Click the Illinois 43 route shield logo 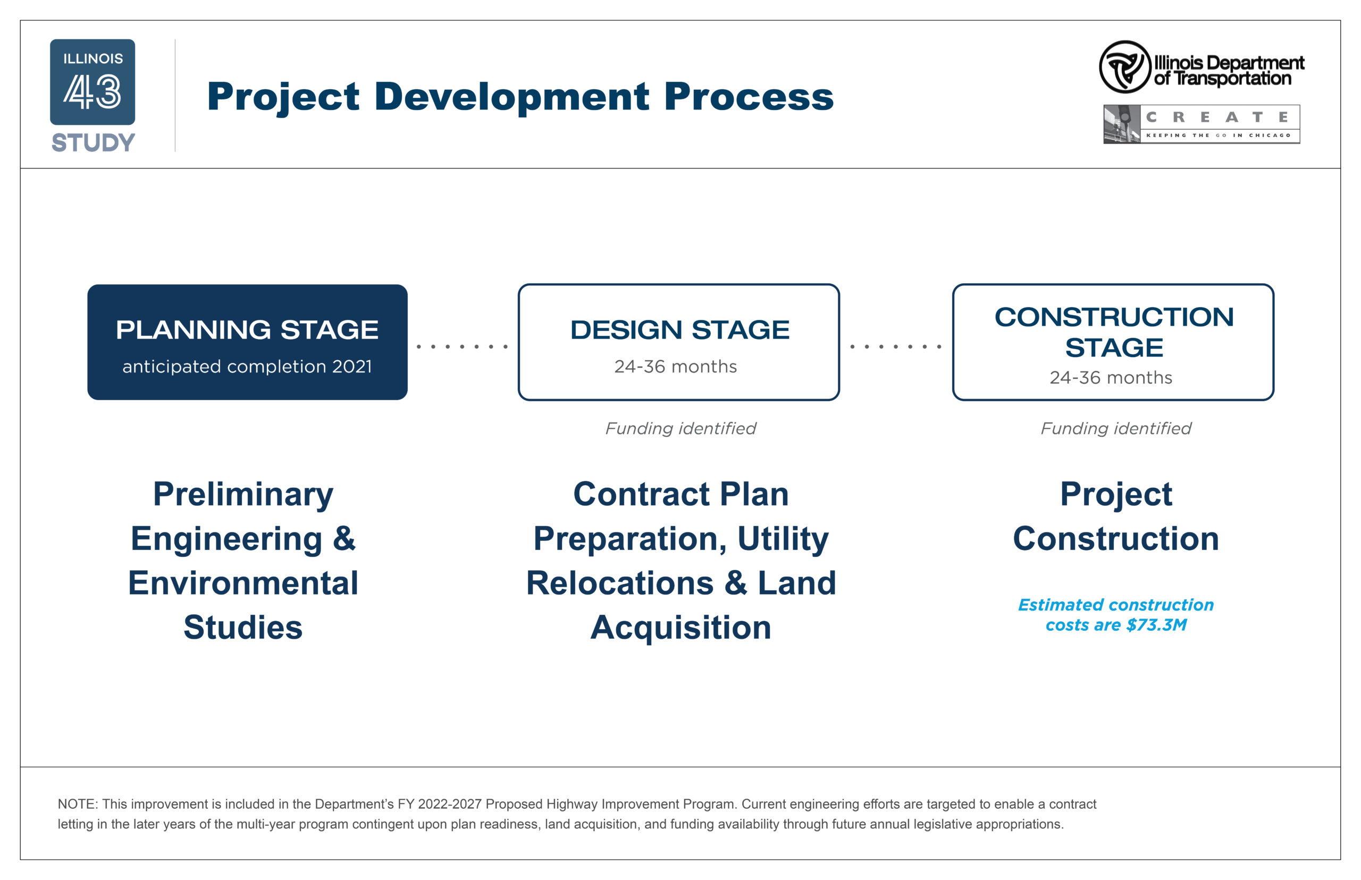click(x=93, y=82)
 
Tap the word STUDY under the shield click(x=93, y=142)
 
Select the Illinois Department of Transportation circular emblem click(x=1124, y=67)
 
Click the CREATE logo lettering click(x=1217, y=117)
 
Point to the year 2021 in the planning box click(x=352, y=366)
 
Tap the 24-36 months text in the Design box click(x=676, y=366)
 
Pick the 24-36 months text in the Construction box click(x=1111, y=377)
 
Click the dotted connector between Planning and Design click(x=463, y=346)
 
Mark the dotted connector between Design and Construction click(x=896, y=346)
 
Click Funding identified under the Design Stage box click(x=680, y=428)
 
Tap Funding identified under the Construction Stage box click(x=1116, y=428)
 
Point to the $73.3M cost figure click(x=1156, y=624)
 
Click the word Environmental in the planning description click(x=243, y=583)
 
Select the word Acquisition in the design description click(x=681, y=628)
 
